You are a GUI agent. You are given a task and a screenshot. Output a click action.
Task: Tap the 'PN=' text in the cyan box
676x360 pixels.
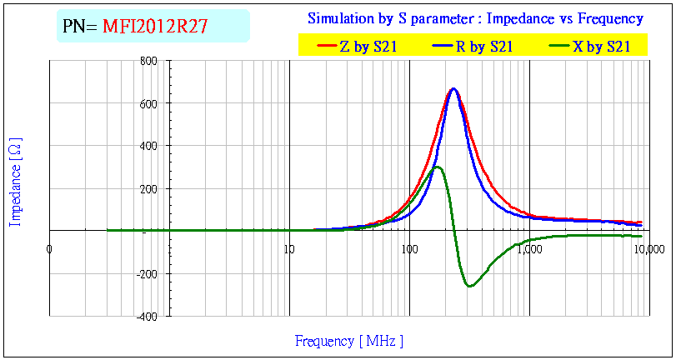pyautogui.click(x=80, y=27)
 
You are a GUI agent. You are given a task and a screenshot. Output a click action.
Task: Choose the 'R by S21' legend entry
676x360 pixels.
pyautogui.click(x=483, y=47)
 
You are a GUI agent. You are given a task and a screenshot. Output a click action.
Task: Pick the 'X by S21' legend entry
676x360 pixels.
pyautogui.click(x=601, y=47)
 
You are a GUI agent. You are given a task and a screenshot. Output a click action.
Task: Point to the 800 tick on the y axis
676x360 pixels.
pyautogui.click(x=149, y=61)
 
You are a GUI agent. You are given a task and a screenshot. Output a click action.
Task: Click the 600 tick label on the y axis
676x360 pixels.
pyautogui.click(x=149, y=103)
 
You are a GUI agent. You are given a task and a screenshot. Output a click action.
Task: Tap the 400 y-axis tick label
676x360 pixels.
pyautogui.click(x=149, y=146)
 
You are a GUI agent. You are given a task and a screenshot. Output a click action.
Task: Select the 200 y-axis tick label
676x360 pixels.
pyautogui.click(x=149, y=188)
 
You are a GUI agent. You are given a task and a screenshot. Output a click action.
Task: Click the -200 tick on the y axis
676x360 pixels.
pyautogui.click(x=148, y=273)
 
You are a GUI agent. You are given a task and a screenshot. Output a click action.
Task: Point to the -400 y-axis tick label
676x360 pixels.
pyautogui.click(x=148, y=316)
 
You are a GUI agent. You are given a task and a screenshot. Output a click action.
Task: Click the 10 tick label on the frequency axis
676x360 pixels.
pyautogui.click(x=288, y=247)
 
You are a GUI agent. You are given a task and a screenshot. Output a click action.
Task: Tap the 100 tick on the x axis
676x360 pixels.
pyautogui.click(x=408, y=247)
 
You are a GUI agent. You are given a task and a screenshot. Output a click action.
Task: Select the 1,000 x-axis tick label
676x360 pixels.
pyautogui.click(x=528, y=247)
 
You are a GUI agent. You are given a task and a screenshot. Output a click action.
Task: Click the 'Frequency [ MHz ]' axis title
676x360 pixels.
pyautogui.click(x=349, y=341)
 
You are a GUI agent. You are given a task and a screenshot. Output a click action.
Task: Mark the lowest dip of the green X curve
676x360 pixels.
pyautogui.click(x=470, y=287)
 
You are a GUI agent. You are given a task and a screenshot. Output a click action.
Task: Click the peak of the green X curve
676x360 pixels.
pyautogui.click(x=437, y=167)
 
